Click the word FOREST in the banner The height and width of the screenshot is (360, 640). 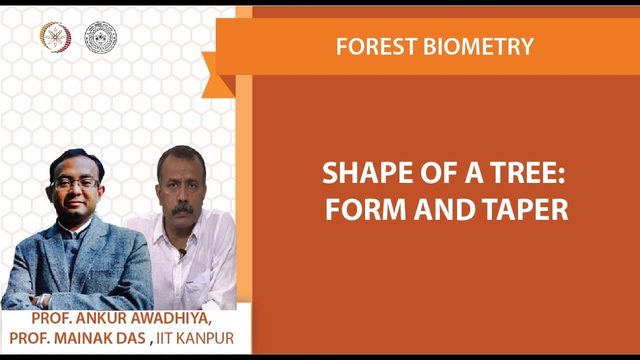tap(376, 46)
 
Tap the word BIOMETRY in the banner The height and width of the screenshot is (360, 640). tap(478, 46)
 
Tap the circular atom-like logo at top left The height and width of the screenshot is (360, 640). tap(55, 37)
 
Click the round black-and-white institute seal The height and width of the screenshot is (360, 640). tap(100, 37)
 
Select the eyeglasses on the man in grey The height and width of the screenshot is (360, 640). tap(75, 183)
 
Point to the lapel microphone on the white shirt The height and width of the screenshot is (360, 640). tap(182, 253)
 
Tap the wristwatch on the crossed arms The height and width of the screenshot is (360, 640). tap(43, 300)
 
